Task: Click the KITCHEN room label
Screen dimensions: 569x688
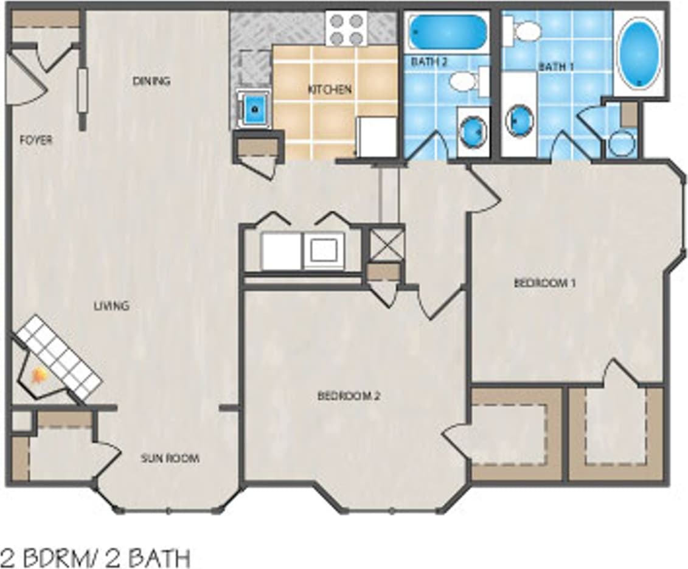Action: pyautogui.click(x=329, y=89)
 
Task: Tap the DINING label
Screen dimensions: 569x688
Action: pyautogui.click(x=151, y=81)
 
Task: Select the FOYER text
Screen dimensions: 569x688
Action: pyautogui.click(x=36, y=140)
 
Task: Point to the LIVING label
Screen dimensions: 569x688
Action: pyautogui.click(x=111, y=305)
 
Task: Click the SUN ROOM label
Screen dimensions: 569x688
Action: pyautogui.click(x=170, y=458)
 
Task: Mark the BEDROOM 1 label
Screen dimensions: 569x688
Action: pyautogui.click(x=544, y=283)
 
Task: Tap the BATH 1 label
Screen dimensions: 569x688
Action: pyautogui.click(x=555, y=66)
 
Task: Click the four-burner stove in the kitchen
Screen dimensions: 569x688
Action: pyautogui.click(x=346, y=28)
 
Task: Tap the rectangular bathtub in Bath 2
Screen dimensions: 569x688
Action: pyautogui.click(x=448, y=32)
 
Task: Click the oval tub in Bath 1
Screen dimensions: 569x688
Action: pyautogui.click(x=639, y=52)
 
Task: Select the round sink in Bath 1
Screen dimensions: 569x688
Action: pyautogui.click(x=519, y=120)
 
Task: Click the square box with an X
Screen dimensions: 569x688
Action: pyautogui.click(x=386, y=244)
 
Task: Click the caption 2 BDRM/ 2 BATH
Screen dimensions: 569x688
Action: pyautogui.click(x=96, y=556)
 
